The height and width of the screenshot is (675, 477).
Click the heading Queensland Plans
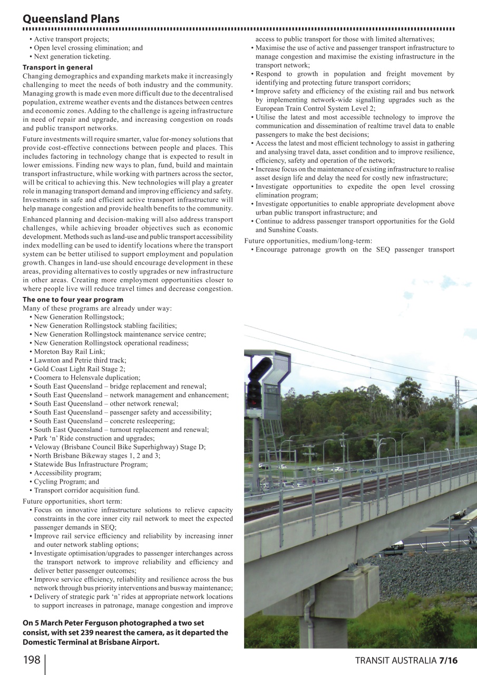(x=71, y=18)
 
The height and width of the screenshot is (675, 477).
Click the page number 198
(x=31, y=660)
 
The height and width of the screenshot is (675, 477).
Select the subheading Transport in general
(x=57, y=67)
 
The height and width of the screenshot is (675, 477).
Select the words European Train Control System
(x=308, y=108)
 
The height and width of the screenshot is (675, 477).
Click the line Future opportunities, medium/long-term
(x=308, y=241)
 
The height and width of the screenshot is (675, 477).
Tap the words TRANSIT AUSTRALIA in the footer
(x=395, y=661)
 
